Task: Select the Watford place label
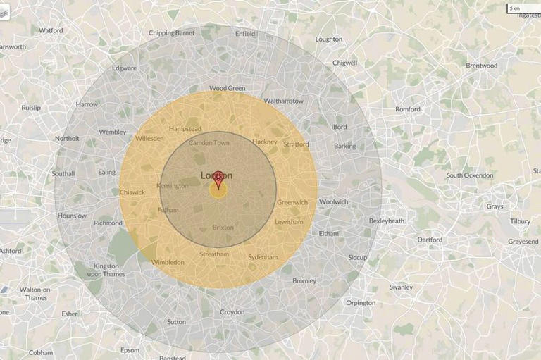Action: pyautogui.click(x=51, y=31)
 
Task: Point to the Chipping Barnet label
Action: pyautogui.click(x=172, y=33)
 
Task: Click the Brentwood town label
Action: pyautogui.click(x=481, y=66)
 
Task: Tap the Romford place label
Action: pyautogui.click(x=407, y=109)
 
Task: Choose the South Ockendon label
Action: pyautogui.click(x=470, y=175)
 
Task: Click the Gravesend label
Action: pyautogui.click(x=523, y=242)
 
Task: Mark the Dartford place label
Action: pyautogui.click(x=430, y=240)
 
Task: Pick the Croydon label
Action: pyautogui.click(x=232, y=312)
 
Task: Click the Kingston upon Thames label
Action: pyautogui.click(x=106, y=270)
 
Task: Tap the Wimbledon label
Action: pyautogui.click(x=168, y=262)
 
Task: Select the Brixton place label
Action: pyautogui.click(x=223, y=228)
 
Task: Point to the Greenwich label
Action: pyautogui.click(x=292, y=202)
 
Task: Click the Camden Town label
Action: pyautogui.click(x=209, y=142)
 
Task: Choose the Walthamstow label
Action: pyautogui.click(x=283, y=101)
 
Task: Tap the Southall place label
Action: pyautogui.click(x=63, y=173)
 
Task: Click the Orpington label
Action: pyautogui.click(x=360, y=303)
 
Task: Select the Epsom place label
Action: pyautogui.click(x=130, y=350)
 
